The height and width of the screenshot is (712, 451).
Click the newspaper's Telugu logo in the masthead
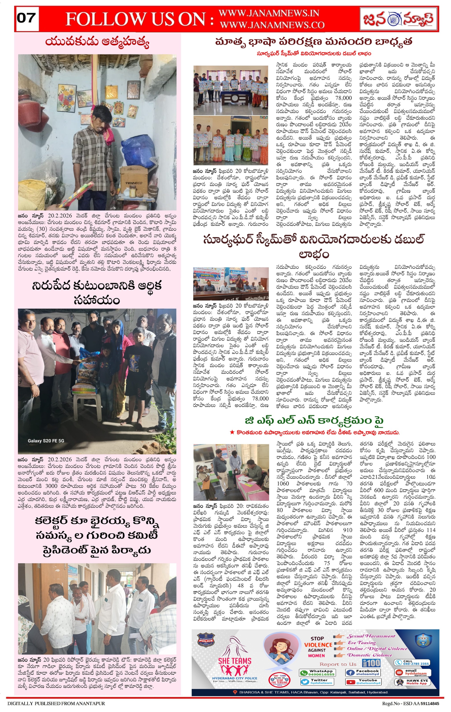(399, 19)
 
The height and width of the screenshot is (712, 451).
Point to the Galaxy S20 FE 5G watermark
(46, 441)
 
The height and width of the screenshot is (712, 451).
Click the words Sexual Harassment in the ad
(371, 636)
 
